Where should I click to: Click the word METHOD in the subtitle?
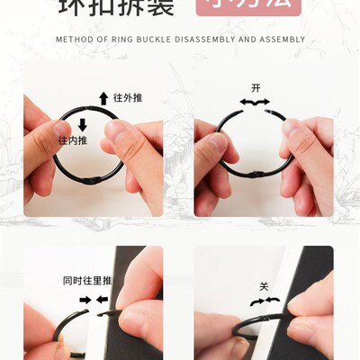73,40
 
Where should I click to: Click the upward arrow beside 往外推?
103,98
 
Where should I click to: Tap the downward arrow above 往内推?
82,125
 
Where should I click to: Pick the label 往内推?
73,140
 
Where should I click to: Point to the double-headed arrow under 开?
254,103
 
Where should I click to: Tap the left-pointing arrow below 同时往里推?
104,299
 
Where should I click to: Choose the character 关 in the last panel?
264,286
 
